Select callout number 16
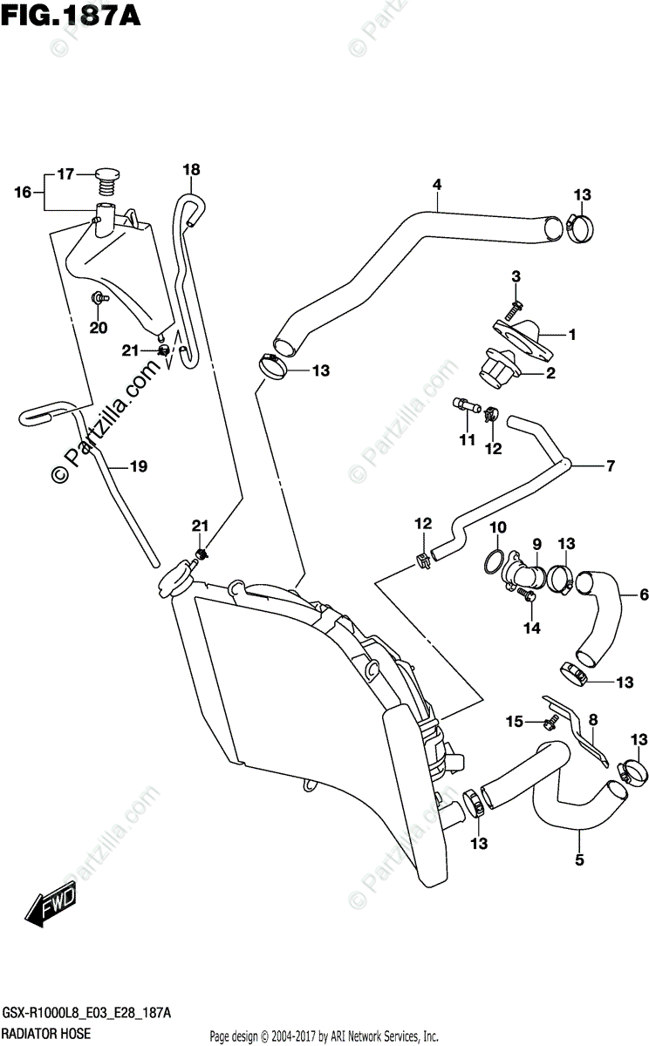pos(23,192)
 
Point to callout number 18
pos(192,169)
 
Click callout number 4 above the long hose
pos(437,185)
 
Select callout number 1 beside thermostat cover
pos(572,335)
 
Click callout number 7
pos(611,465)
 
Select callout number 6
pos(644,594)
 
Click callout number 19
pos(139,466)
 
